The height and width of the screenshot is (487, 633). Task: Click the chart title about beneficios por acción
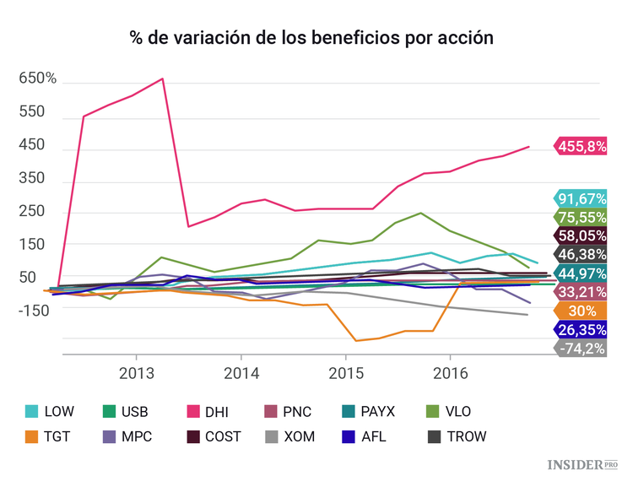coord(311,39)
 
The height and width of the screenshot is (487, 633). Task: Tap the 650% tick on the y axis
coord(38,78)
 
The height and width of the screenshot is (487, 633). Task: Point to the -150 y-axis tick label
coord(35,310)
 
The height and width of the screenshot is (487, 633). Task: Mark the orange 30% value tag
coord(582,311)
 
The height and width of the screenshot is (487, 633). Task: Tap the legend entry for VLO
coord(445,412)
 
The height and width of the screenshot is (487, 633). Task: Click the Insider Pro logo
coord(583,464)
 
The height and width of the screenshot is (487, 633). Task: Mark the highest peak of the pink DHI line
coord(162,78)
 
